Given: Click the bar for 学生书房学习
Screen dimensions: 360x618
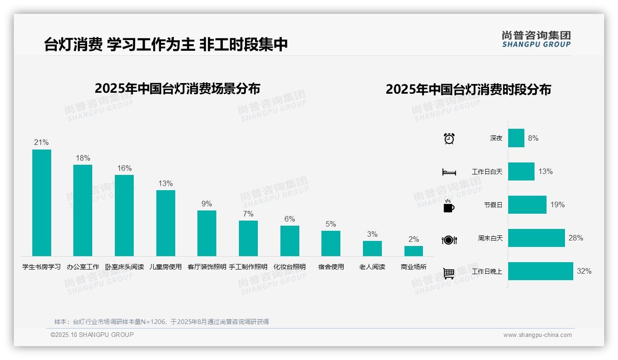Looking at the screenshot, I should [x=42, y=203].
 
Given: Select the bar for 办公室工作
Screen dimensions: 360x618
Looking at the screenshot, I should [x=83, y=210].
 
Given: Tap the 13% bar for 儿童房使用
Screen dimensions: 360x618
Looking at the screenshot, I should [x=166, y=223].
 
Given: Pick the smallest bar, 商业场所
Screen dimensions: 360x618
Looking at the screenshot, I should [x=413, y=251].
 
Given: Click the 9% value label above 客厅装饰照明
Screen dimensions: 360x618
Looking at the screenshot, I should [x=207, y=204].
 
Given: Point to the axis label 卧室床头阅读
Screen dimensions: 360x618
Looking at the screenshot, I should [x=125, y=267].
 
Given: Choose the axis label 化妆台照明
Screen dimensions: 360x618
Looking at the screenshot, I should [x=290, y=267].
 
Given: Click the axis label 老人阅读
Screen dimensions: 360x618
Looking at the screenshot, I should [x=372, y=267].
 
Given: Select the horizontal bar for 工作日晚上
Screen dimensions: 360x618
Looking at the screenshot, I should [x=541, y=271].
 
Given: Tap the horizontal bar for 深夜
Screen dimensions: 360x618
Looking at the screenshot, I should [x=516, y=138].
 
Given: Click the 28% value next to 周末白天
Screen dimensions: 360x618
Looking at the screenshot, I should [x=576, y=238].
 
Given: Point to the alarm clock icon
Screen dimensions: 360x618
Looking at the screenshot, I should [x=449, y=138].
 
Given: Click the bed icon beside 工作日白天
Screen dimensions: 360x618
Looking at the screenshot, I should [x=449, y=172].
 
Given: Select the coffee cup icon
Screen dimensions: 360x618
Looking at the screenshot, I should [x=449, y=206].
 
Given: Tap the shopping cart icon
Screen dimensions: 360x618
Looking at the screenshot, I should [x=449, y=273].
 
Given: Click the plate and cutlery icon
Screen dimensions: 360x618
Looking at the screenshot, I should [x=449, y=240].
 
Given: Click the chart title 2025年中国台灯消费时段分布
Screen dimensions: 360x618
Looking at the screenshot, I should [x=468, y=90].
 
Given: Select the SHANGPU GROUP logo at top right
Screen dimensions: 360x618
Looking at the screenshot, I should [x=536, y=39].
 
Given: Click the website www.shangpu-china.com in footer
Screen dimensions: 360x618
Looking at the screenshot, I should [x=537, y=335].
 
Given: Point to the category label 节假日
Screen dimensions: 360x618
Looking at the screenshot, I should [x=493, y=205].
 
